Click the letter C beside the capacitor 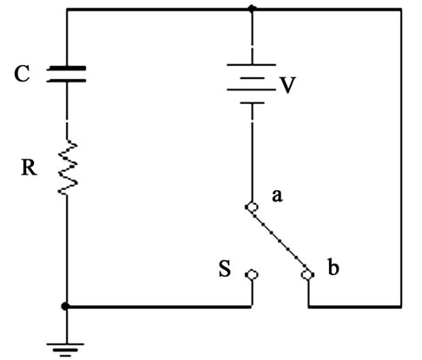pyautogui.click(x=22, y=74)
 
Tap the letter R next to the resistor pyautogui.click(x=29, y=167)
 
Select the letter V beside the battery pyautogui.click(x=287, y=85)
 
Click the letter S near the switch pyautogui.click(x=225, y=269)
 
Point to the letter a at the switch pyautogui.click(x=277, y=196)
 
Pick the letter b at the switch pyautogui.click(x=333, y=267)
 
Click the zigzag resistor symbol pyautogui.click(x=68, y=167)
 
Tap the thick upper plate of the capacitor pyautogui.click(x=66, y=69)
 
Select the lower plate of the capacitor pyautogui.click(x=66, y=81)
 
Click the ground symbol pyautogui.click(x=65, y=350)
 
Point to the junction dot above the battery pyautogui.click(x=252, y=9)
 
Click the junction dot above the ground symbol pyautogui.click(x=65, y=306)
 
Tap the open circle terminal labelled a pyautogui.click(x=253, y=207)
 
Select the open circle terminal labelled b pyautogui.click(x=307, y=274)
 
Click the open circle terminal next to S pyautogui.click(x=252, y=275)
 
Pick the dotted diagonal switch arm pyautogui.click(x=280, y=240)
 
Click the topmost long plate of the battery pyautogui.click(x=251, y=65)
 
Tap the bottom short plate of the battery pyautogui.click(x=252, y=102)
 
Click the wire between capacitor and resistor pyautogui.click(x=67, y=111)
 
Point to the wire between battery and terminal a pyautogui.click(x=252, y=153)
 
